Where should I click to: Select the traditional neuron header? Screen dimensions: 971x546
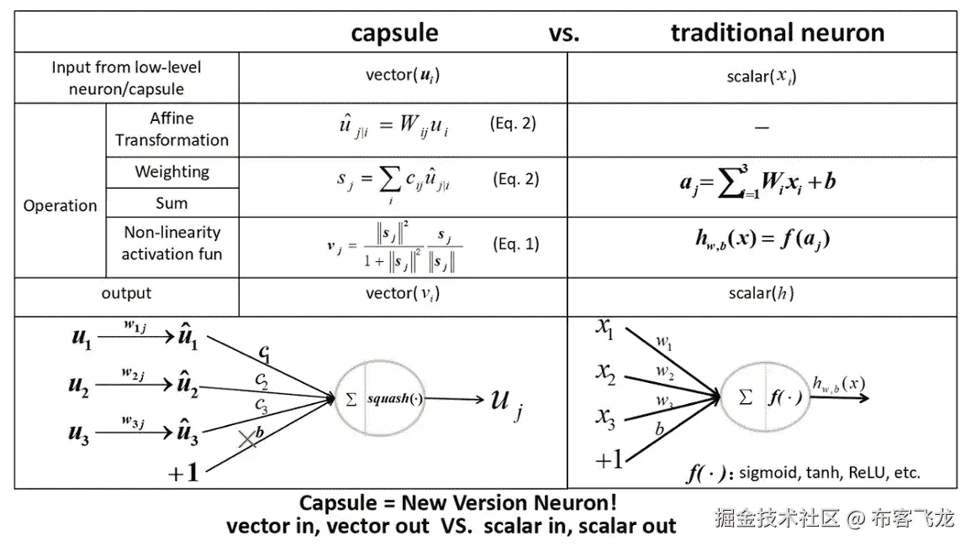pyautogui.click(x=778, y=32)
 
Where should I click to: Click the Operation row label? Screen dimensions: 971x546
pyautogui.click(x=60, y=206)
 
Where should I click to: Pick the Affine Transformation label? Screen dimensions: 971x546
pyautogui.click(x=172, y=129)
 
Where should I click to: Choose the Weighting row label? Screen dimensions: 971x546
pyautogui.click(x=172, y=171)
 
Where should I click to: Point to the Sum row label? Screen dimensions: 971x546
pyautogui.click(x=172, y=203)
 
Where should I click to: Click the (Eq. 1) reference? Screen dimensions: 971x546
pyautogui.click(x=516, y=244)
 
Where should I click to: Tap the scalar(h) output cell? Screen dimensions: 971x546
pyautogui.click(x=761, y=293)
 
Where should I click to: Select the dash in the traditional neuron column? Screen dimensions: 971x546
pyautogui.click(x=762, y=129)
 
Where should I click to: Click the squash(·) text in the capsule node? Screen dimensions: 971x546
pyautogui.click(x=395, y=399)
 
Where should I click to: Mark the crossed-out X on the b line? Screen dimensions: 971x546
pyautogui.click(x=248, y=439)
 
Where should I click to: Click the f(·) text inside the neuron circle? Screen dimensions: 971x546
pyautogui.click(x=785, y=396)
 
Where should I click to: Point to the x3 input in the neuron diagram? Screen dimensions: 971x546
pyautogui.click(x=605, y=417)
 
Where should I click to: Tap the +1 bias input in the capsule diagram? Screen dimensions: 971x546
pyautogui.click(x=183, y=472)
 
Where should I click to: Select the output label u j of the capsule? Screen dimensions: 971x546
pyautogui.click(x=507, y=403)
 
